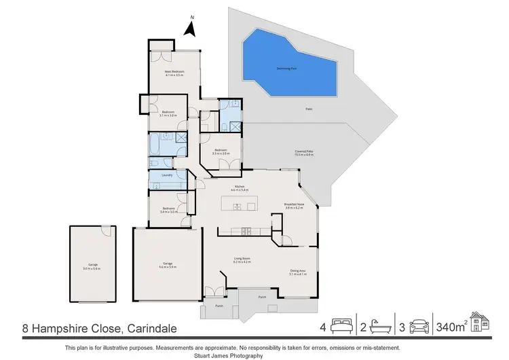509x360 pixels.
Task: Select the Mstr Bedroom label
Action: (174, 73)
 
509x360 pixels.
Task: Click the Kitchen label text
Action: (239, 188)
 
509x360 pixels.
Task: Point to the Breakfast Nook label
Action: (294, 204)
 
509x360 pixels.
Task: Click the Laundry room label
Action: (166, 175)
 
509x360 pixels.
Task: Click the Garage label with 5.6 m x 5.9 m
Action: (167, 265)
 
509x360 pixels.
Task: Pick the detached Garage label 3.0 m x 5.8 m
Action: (92, 267)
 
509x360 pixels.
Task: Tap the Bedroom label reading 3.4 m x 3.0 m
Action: (168, 210)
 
